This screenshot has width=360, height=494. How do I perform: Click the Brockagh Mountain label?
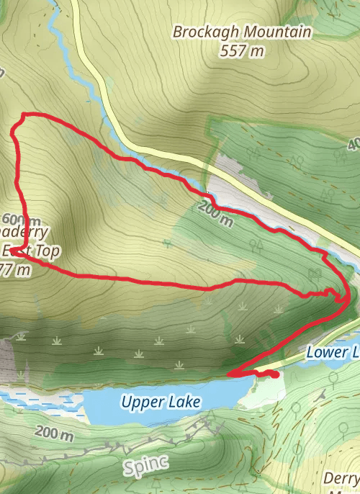(243, 32)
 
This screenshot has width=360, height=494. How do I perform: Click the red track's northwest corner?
(24, 114)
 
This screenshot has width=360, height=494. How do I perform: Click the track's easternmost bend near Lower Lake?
(349, 296)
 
